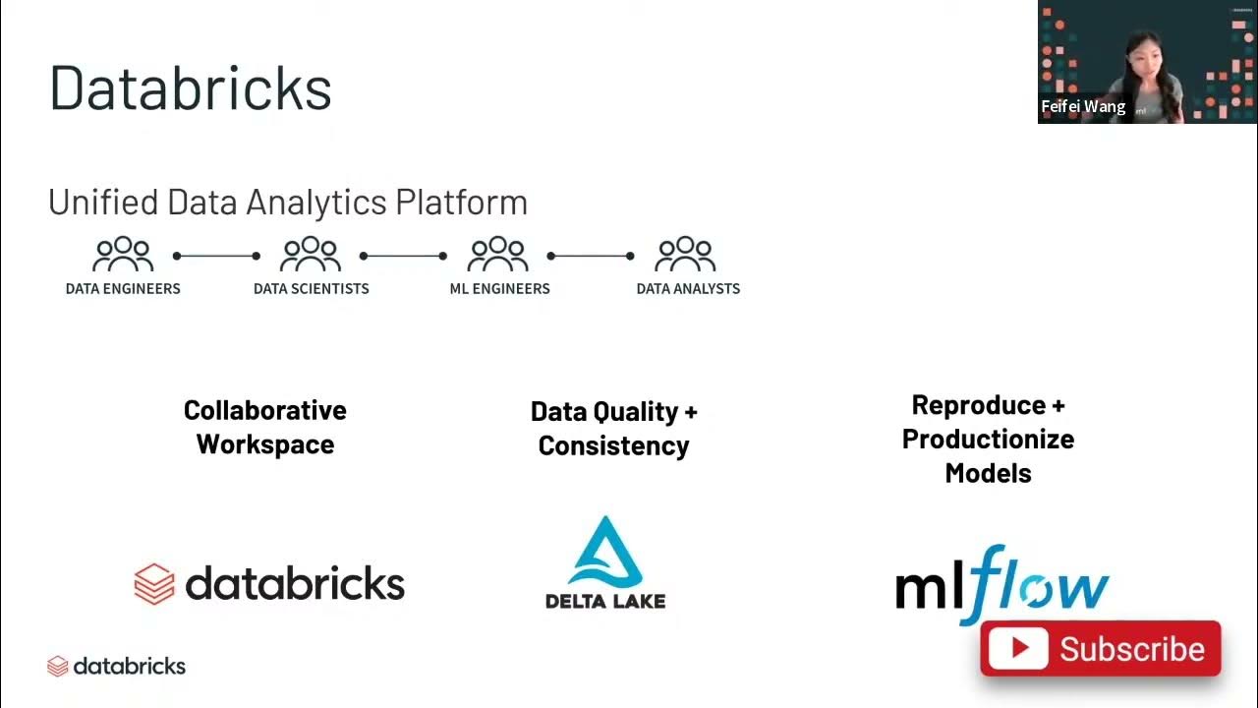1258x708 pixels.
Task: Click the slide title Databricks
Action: pyautogui.click(x=191, y=88)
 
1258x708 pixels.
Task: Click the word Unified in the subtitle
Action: pyautogui.click(x=103, y=203)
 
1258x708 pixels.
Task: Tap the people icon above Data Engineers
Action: pyautogui.click(x=123, y=255)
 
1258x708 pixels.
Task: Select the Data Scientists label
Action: pyautogui.click(x=311, y=289)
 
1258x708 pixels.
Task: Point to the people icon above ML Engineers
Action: pyautogui.click(x=498, y=255)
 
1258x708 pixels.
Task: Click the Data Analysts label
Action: pyautogui.click(x=688, y=289)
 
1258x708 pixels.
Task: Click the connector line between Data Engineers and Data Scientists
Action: pyautogui.click(x=216, y=256)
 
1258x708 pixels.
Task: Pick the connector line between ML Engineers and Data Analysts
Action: pyautogui.click(x=590, y=256)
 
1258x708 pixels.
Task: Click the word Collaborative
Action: pyautogui.click(x=264, y=410)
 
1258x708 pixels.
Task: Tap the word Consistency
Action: pyautogui.click(x=613, y=445)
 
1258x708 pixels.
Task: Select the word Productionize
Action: pyautogui.click(x=988, y=439)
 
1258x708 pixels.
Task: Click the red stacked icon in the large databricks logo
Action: pyautogui.click(x=154, y=583)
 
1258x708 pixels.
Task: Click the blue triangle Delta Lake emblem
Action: pyautogui.click(x=605, y=553)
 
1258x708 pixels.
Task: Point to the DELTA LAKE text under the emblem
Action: pyautogui.click(x=605, y=600)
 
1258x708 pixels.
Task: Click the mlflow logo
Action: pyautogui.click(x=1001, y=585)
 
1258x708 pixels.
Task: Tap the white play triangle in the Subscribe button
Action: pyautogui.click(x=1018, y=648)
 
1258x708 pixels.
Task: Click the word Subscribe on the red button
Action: pyautogui.click(x=1131, y=649)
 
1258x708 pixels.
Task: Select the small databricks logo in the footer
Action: pyautogui.click(x=116, y=666)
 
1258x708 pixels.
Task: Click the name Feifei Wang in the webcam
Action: pyautogui.click(x=1083, y=107)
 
